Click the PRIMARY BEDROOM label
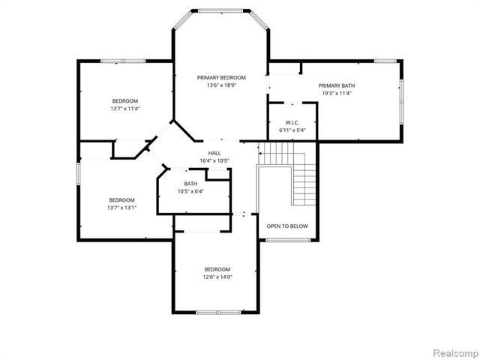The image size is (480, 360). tap(221, 77)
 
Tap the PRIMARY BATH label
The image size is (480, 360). tap(336, 85)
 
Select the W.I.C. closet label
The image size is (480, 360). tap(292, 122)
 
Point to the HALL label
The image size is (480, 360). tap(214, 153)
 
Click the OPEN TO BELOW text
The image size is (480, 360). tap(287, 226)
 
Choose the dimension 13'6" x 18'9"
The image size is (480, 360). tap(221, 85)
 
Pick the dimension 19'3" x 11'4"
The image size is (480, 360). tap(336, 94)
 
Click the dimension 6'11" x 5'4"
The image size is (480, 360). tap(292, 130)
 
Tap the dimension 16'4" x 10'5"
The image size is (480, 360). tap(214, 160)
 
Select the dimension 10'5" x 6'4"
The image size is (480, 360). tap(190, 191)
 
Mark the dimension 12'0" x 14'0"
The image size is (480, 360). tap(217, 277)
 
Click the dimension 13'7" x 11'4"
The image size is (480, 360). tap(125, 109)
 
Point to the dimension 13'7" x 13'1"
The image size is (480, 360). tap(121, 208)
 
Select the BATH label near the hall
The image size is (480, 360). tap(190, 184)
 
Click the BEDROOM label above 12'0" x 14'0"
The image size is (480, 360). tap(217, 269)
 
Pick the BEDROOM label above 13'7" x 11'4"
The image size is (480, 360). tap(125, 101)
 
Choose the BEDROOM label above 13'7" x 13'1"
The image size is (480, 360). tap(121, 199)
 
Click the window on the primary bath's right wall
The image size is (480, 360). tap(401, 100)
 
